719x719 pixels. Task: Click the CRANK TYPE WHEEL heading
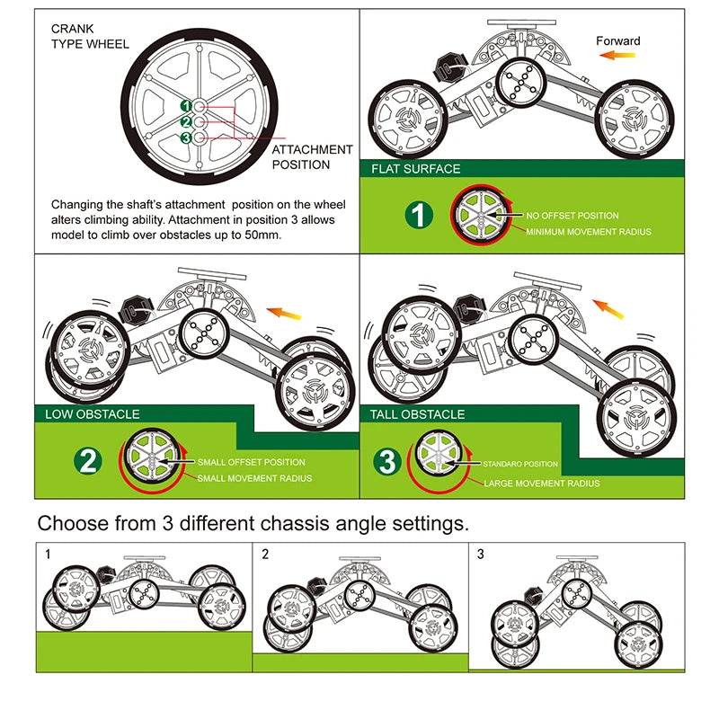[90, 36]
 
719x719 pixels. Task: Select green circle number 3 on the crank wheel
[186, 138]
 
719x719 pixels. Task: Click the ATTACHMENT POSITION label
[312, 156]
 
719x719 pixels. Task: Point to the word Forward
[618, 40]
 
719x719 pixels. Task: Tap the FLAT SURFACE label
[415, 169]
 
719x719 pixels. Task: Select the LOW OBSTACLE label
[93, 413]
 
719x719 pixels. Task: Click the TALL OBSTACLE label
[418, 414]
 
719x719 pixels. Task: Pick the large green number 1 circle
[416, 216]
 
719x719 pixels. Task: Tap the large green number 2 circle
[86, 462]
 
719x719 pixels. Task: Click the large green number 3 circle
[386, 463]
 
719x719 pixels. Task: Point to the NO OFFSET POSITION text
[573, 216]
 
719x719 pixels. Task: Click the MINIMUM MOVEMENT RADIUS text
[588, 232]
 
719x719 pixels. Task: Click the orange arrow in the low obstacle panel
[287, 314]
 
